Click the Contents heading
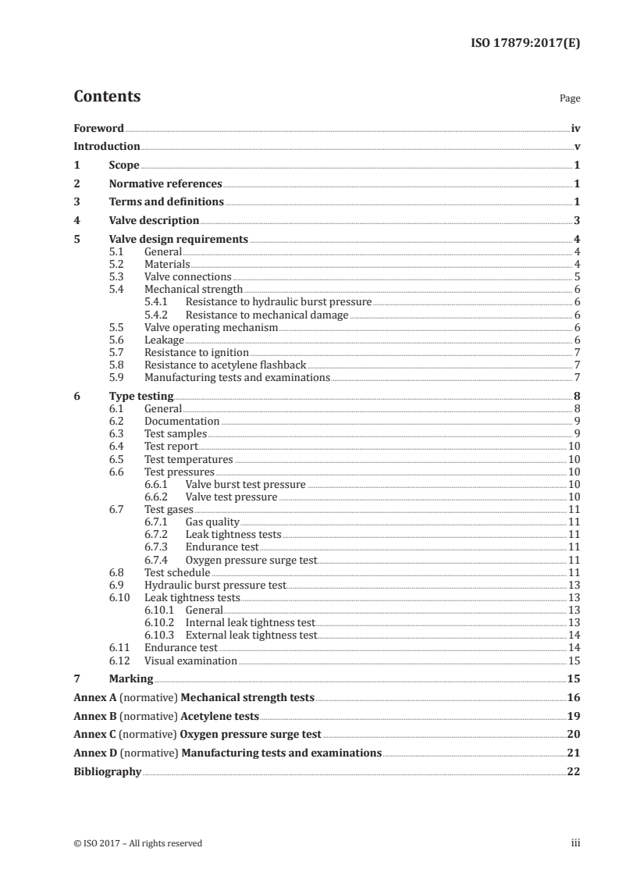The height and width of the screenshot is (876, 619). [x=107, y=97]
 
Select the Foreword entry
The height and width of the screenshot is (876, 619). [x=98, y=128]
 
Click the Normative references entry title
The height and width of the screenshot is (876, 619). [x=165, y=184]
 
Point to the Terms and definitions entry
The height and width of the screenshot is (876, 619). [x=166, y=202]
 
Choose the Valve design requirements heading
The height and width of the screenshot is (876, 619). [x=179, y=239]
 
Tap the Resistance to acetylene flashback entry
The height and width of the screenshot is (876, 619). [x=226, y=365]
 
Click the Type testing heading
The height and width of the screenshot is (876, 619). [x=141, y=396]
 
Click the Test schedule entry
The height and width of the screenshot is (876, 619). [x=177, y=572]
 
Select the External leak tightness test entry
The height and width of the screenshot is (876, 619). [x=251, y=636]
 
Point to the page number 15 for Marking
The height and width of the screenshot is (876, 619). [x=574, y=679]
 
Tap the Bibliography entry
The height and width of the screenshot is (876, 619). [x=107, y=771]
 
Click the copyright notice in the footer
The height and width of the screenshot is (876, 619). [x=137, y=843]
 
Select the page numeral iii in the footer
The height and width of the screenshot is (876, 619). [x=575, y=843]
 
